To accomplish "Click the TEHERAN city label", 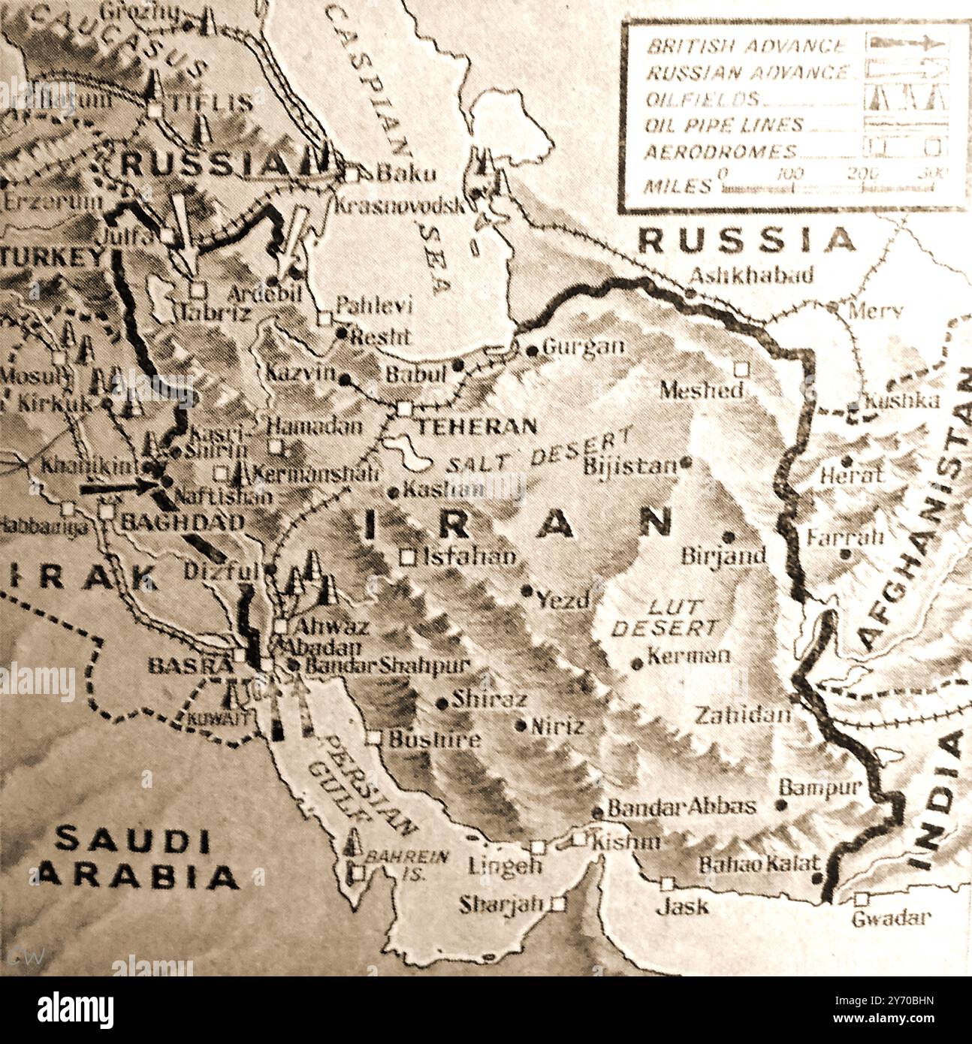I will point(477,427).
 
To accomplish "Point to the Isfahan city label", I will point(469,557).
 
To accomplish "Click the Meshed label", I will point(701,390).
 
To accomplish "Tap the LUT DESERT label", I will point(665,617).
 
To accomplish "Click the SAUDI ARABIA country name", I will point(135,858).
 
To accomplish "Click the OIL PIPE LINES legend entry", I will point(724,125).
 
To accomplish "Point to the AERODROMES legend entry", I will point(720,152).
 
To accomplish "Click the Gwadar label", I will point(891,918).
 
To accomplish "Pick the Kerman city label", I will point(688,655).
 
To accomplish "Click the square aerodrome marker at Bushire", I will point(374,738).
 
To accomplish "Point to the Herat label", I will point(850,475).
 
